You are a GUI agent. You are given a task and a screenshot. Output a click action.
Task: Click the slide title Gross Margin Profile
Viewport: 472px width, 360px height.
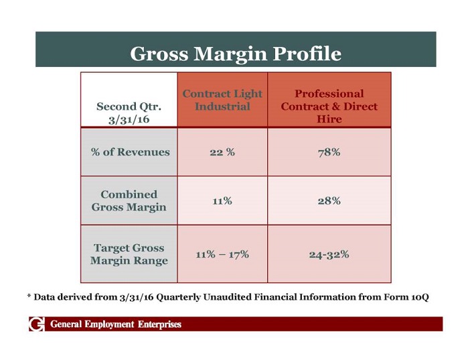point(235,53)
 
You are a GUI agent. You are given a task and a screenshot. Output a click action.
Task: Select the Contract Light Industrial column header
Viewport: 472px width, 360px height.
point(222,100)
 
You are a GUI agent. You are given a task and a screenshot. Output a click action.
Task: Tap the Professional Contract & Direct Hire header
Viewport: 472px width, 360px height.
point(329,106)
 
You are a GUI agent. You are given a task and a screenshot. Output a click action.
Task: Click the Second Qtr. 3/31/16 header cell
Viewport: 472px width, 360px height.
point(129,112)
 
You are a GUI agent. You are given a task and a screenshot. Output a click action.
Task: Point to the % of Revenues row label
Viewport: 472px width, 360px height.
point(130,152)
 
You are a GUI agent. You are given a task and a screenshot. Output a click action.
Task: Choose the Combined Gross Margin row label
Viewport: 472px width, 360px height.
point(129,200)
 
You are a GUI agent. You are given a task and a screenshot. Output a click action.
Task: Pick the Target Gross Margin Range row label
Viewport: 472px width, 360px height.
point(129,254)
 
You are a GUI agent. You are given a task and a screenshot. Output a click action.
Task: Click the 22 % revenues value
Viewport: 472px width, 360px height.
point(222,152)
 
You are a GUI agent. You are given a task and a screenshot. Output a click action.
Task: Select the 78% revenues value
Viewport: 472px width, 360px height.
point(329,152)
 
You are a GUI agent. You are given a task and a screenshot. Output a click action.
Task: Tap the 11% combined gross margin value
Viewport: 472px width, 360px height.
point(222,200)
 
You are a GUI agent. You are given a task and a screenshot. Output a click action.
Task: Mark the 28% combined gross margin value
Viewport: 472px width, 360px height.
point(329,200)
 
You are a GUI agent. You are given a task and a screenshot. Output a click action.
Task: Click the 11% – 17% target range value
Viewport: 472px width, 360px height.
point(222,254)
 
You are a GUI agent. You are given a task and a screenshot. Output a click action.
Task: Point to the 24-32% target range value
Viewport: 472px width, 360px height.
point(329,254)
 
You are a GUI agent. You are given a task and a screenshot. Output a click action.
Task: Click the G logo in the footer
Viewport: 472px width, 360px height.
point(36,325)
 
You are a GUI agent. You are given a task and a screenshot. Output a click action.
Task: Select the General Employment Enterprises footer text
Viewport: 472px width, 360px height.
point(115,325)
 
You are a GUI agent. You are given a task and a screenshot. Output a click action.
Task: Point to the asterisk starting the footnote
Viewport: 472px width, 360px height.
point(29,296)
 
